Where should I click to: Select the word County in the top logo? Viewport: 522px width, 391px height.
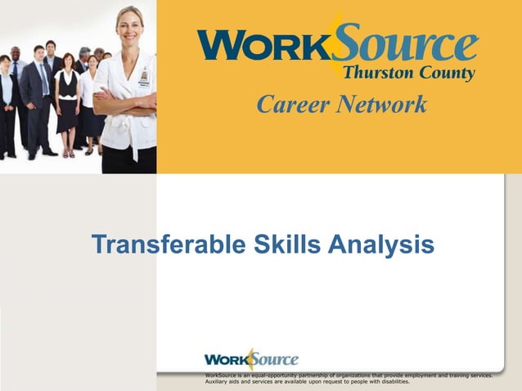click(448, 73)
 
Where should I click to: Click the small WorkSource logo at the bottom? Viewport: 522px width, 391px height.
click(251, 359)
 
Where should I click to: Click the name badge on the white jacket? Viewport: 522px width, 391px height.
click(143, 79)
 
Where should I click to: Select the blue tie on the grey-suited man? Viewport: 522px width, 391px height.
click(43, 78)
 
